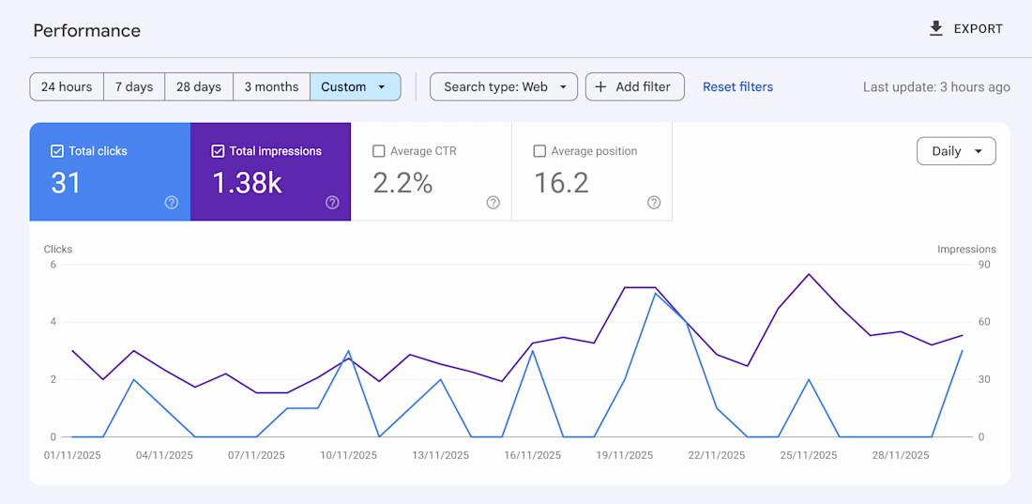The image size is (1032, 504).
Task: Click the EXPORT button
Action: click(965, 29)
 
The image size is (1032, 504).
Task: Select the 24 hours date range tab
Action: click(67, 87)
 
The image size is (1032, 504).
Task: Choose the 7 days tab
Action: click(134, 87)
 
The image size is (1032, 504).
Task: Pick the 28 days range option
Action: click(199, 87)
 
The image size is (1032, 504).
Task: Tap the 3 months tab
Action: click(271, 87)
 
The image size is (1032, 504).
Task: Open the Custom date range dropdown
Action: click(355, 87)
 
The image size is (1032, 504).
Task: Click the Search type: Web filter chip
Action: click(504, 87)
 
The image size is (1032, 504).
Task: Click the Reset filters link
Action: click(738, 87)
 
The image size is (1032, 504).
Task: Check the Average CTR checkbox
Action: click(379, 151)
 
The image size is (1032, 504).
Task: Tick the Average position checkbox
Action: click(539, 151)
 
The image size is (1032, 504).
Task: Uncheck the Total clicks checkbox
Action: click(57, 151)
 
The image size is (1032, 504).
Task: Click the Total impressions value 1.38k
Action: click(247, 183)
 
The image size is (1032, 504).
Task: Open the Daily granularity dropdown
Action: click(956, 151)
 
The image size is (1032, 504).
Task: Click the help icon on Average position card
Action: click(654, 203)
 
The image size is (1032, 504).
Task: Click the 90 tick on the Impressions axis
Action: click(984, 265)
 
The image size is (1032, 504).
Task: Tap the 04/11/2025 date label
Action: click(164, 455)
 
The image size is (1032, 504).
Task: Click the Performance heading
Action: click(87, 31)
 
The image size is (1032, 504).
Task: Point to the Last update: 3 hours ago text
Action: click(936, 87)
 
